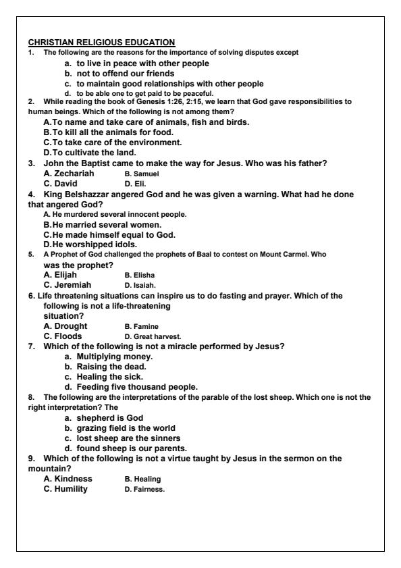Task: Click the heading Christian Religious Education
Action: click(101, 43)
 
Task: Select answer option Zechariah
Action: click(69, 174)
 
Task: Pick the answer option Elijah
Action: click(60, 275)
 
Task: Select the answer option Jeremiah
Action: click(65, 284)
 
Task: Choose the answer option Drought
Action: click(63, 326)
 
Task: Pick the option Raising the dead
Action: click(106, 367)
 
